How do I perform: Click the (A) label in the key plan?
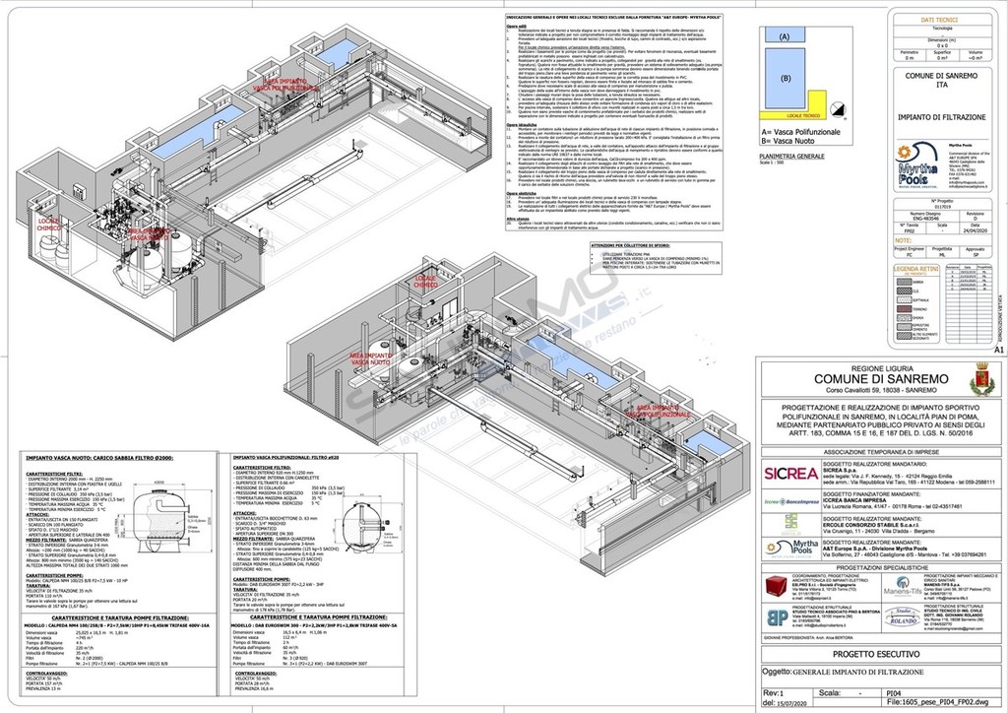tap(785, 35)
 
